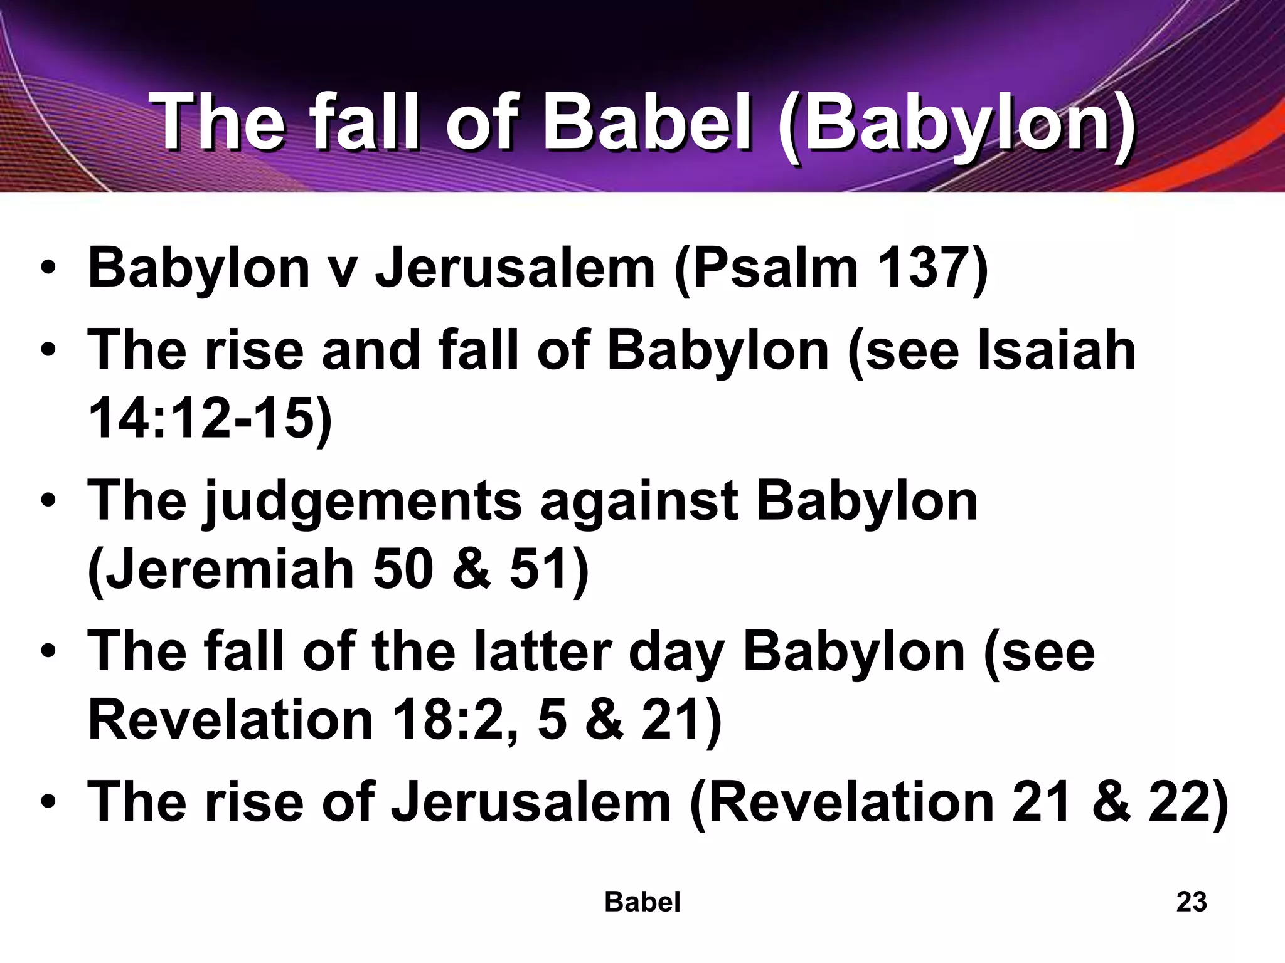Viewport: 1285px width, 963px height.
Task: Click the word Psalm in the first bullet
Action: (766, 268)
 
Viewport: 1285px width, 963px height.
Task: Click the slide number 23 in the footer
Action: (1191, 902)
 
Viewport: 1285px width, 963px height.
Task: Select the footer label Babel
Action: (642, 902)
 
